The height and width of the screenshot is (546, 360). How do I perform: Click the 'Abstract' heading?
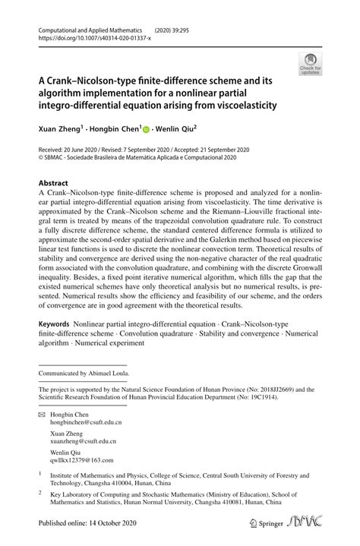click(53, 183)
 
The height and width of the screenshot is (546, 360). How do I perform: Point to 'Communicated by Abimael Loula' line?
click(84, 374)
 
